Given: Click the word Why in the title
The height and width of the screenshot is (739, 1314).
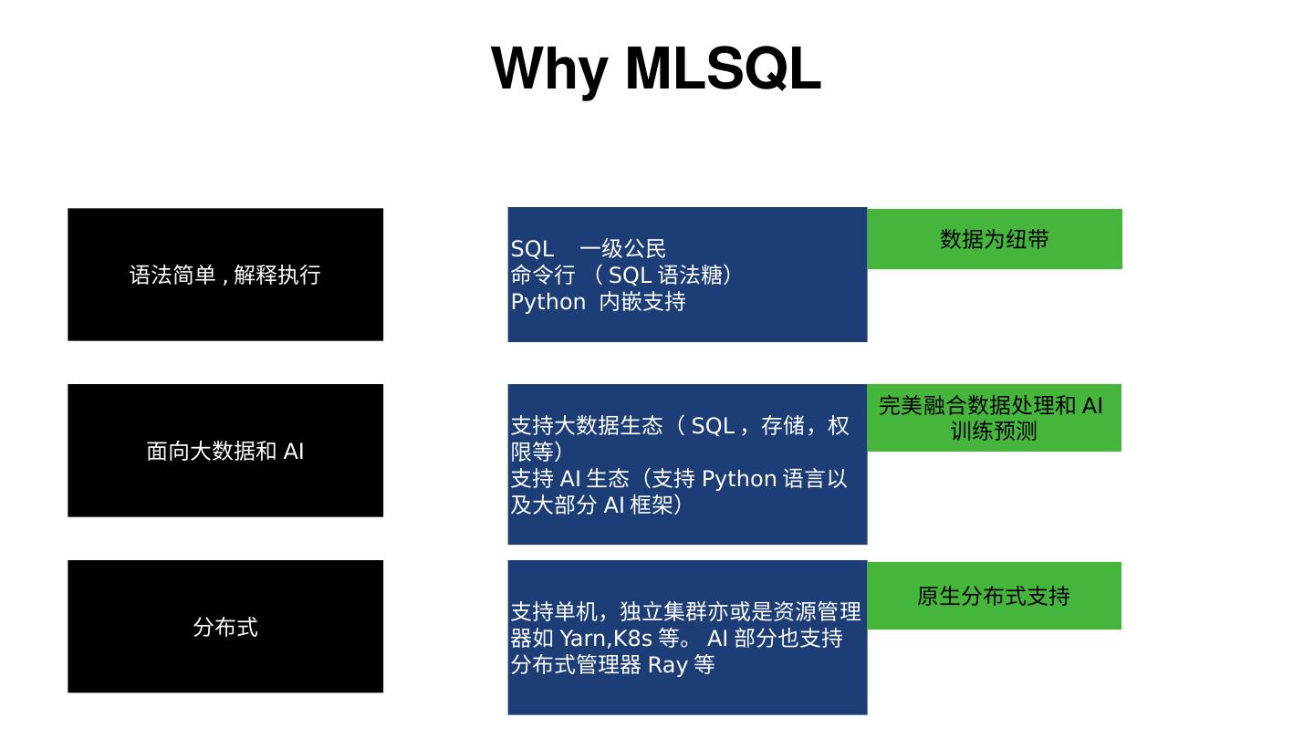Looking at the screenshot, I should [x=550, y=69].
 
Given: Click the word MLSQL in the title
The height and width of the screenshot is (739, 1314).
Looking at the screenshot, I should [x=723, y=69].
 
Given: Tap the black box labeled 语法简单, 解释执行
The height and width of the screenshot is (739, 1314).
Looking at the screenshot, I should [x=225, y=275].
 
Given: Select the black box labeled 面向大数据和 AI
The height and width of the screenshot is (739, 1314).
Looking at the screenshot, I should [x=225, y=451].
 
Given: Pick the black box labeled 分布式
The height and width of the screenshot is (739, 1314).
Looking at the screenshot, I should [x=225, y=627].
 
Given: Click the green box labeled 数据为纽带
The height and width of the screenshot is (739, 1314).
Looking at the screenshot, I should [x=994, y=239].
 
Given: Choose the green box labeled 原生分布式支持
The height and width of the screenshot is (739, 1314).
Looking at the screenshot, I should [x=994, y=596].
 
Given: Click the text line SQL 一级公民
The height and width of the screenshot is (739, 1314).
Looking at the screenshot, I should [x=589, y=249].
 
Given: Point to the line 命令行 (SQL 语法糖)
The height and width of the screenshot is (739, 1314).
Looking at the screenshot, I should [x=621, y=275].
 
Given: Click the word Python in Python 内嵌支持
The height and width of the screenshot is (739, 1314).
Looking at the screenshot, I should [x=547, y=302].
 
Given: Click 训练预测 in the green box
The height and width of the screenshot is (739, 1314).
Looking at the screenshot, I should [x=994, y=431].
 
